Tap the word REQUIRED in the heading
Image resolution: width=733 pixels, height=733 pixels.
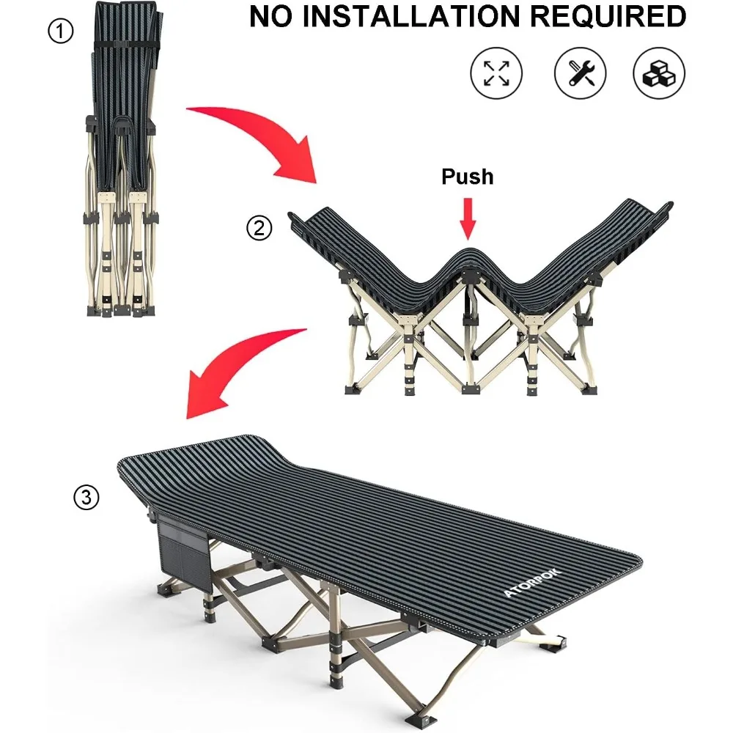point(608,16)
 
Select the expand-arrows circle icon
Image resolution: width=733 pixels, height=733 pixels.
point(496,73)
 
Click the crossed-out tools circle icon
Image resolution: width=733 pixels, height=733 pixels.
point(580,73)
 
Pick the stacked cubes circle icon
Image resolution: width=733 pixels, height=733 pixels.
point(659,73)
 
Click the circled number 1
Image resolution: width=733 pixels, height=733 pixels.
point(61,32)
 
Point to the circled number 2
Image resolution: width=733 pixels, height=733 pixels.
point(259,228)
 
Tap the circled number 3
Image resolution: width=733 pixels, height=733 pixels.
point(86,497)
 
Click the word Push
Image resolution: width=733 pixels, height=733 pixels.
point(468,177)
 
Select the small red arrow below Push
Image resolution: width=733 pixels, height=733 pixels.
point(468,218)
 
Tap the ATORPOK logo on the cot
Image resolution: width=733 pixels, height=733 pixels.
point(532,583)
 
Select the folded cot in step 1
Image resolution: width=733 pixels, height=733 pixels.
point(122,159)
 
